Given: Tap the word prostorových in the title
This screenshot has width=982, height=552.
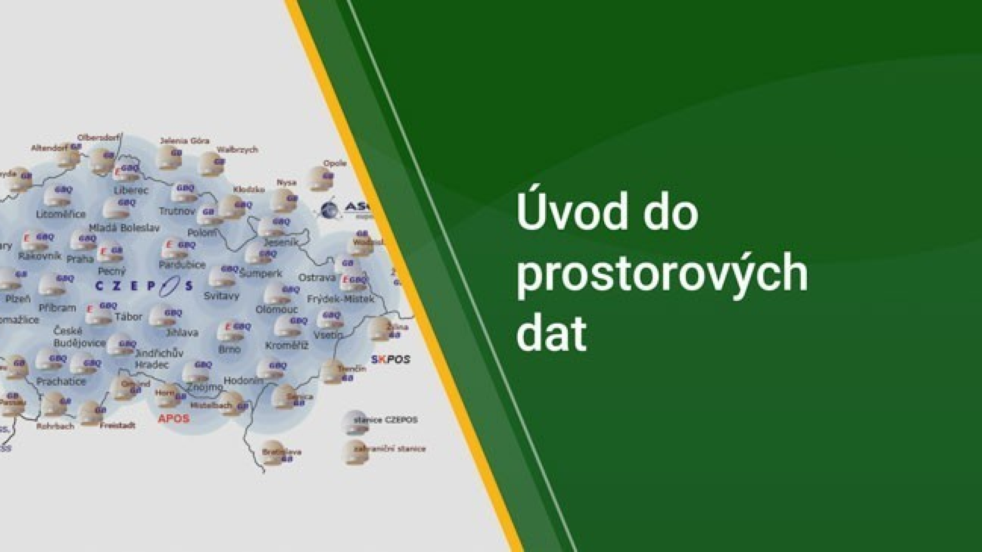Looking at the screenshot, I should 662,273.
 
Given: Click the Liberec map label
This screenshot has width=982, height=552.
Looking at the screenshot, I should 131,191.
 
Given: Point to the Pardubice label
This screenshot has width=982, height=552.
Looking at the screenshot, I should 182,264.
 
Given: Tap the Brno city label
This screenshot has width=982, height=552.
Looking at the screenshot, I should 229,349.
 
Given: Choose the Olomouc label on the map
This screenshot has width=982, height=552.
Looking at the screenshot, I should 277,309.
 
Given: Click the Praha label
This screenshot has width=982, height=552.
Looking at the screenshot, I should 80,259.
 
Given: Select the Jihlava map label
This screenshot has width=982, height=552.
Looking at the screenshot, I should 182,332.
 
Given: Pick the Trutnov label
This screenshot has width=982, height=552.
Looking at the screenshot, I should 177,211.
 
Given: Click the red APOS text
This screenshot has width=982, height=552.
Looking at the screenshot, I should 173,418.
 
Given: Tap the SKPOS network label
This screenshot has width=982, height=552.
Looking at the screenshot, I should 390,360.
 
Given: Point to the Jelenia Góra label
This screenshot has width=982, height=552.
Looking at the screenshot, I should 185,141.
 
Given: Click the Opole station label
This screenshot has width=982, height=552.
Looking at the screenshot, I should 334,163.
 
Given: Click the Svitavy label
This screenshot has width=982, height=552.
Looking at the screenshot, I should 221,296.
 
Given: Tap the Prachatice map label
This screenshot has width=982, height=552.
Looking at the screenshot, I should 61,381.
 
